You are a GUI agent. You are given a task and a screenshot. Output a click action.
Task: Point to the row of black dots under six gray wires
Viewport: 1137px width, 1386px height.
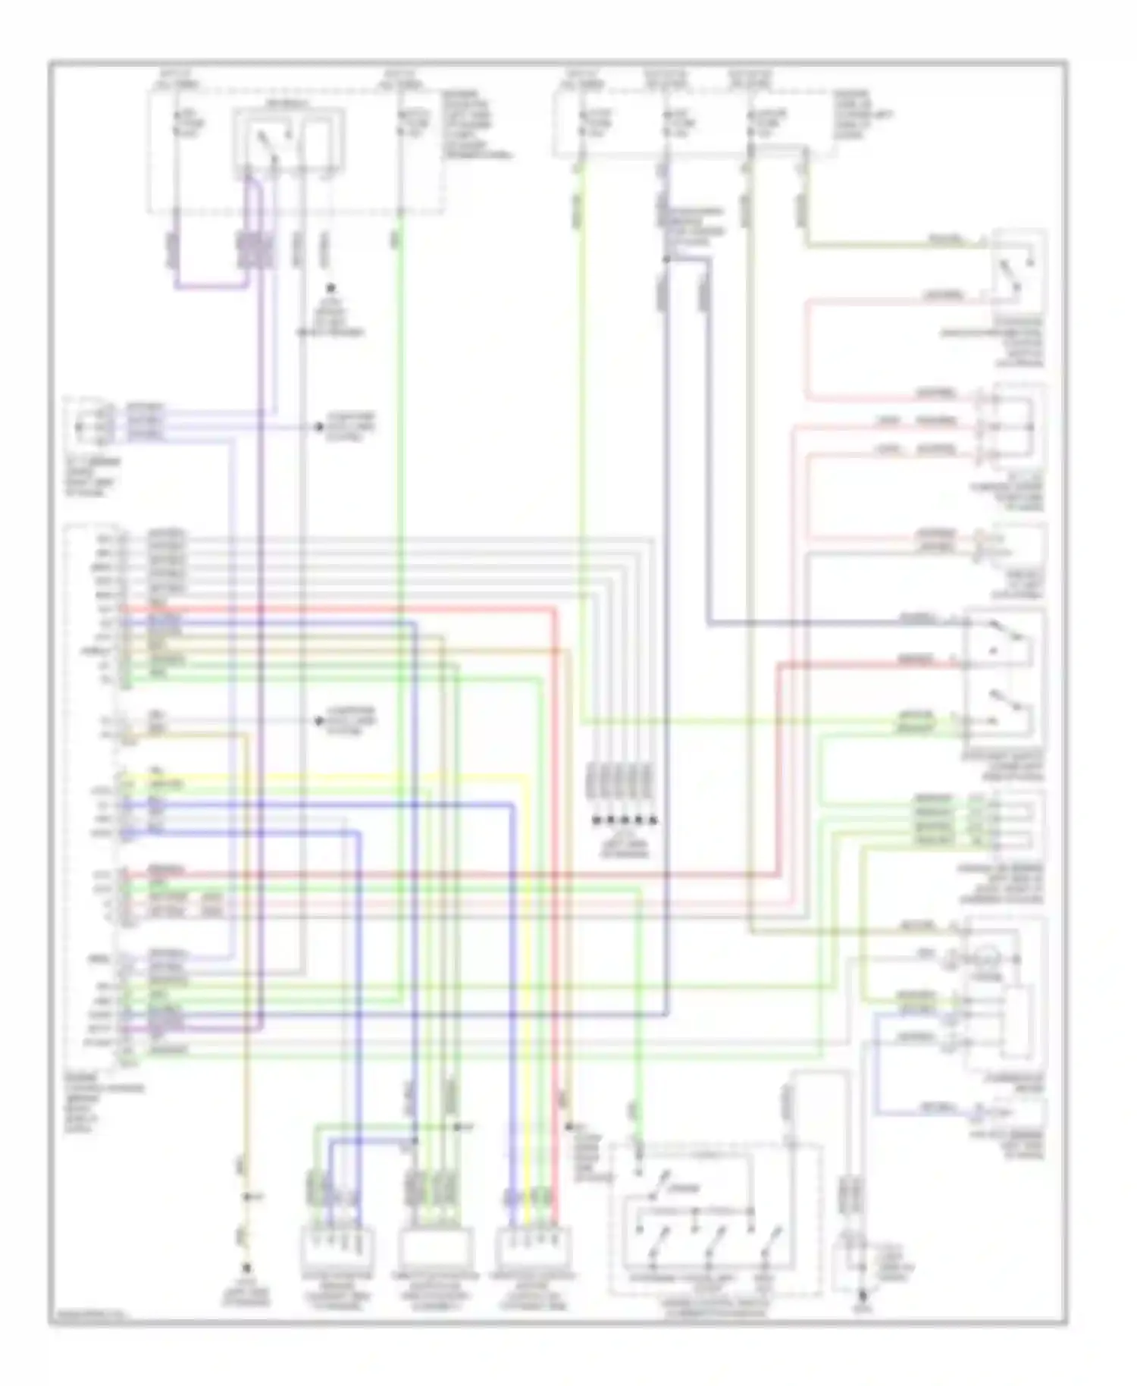pos(623,820)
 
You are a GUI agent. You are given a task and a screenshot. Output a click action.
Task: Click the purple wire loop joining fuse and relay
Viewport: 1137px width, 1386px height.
pos(212,287)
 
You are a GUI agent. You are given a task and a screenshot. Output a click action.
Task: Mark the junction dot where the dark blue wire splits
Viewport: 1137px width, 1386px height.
pos(666,259)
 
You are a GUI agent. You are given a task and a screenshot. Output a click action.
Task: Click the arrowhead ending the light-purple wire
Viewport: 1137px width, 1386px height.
pos(319,427)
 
